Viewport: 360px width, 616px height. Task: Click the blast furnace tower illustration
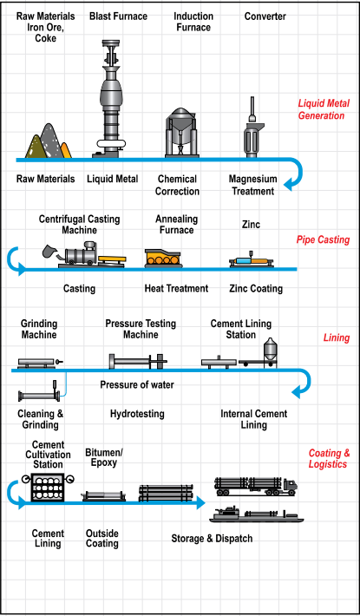110,98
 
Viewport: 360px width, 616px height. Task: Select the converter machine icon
252,128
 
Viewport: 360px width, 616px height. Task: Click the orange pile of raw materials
66,150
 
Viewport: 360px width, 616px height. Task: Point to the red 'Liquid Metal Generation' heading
321,109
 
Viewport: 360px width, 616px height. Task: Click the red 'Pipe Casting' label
323,239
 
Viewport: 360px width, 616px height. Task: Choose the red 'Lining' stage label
337,337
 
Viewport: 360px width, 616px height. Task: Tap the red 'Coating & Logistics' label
329,458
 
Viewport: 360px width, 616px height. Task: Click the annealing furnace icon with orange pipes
163,259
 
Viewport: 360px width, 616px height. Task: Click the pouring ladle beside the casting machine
49,252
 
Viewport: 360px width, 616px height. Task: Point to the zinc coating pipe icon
252,261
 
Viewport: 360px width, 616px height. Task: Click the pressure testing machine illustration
138,362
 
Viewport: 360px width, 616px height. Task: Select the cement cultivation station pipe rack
48,487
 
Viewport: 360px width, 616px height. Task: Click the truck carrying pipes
256,487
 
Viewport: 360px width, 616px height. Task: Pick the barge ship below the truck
257,514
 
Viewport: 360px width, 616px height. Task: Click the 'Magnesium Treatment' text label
252,185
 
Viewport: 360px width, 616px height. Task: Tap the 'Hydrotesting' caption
137,414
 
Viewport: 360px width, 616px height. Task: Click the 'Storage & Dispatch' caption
212,538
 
